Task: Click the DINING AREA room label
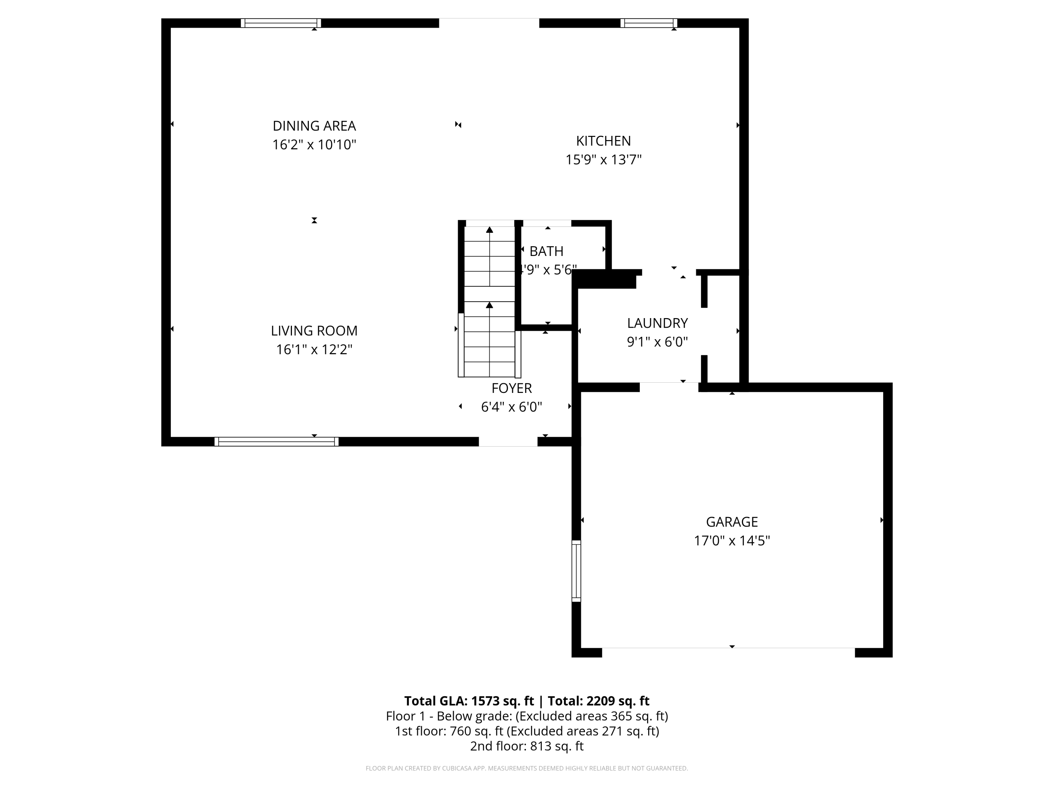pyautogui.click(x=314, y=126)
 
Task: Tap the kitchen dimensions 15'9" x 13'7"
pyautogui.click(x=603, y=159)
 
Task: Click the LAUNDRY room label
pyautogui.click(x=657, y=323)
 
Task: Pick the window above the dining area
pyautogui.click(x=281, y=23)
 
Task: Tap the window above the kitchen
pyautogui.click(x=649, y=23)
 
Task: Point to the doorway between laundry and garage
pyautogui.click(x=669, y=387)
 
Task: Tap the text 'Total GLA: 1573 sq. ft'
pyautogui.click(x=469, y=701)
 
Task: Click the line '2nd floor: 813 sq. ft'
pyautogui.click(x=527, y=746)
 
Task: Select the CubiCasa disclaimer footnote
pyautogui.click(x=527, y=768)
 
